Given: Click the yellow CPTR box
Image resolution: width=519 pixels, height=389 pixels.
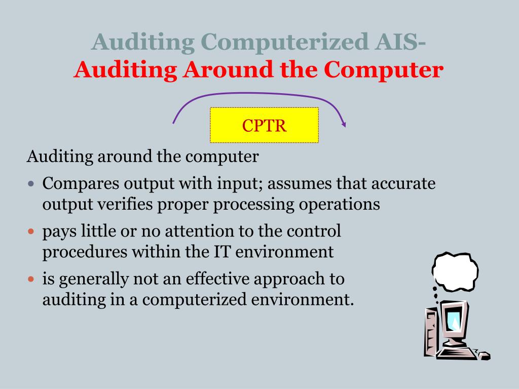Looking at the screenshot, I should point(264,125).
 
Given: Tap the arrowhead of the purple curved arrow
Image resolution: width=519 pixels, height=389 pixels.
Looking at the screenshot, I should point(344,123).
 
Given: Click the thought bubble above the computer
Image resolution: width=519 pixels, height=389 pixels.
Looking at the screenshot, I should point(455,270).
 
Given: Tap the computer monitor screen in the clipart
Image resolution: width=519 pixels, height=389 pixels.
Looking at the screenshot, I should point(454,320).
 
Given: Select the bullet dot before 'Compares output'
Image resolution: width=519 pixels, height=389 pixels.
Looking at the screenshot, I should point(31,183).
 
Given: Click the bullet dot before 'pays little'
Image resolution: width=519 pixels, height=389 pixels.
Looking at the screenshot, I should point(31,231).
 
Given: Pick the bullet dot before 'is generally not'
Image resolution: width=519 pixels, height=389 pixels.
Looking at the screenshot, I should point(31,279).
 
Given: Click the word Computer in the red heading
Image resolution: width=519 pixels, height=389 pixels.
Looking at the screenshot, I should point(384,70).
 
